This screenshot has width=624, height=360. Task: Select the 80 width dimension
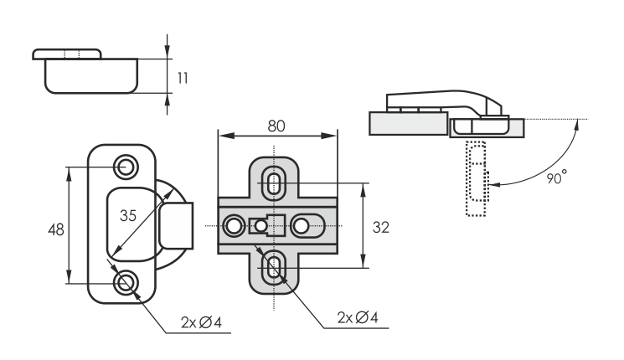(276, 127)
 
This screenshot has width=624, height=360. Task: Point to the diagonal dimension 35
(127, 215)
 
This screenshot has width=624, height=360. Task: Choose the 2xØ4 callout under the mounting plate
(358, 318)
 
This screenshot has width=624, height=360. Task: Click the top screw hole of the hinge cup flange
(127, 166)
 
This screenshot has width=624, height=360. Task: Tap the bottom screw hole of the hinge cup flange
(127, 282)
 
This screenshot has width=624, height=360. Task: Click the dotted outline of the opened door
(475, 180)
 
